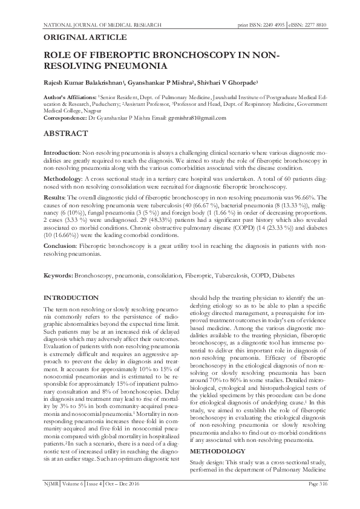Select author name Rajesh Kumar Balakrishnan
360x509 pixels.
click(85, 82)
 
